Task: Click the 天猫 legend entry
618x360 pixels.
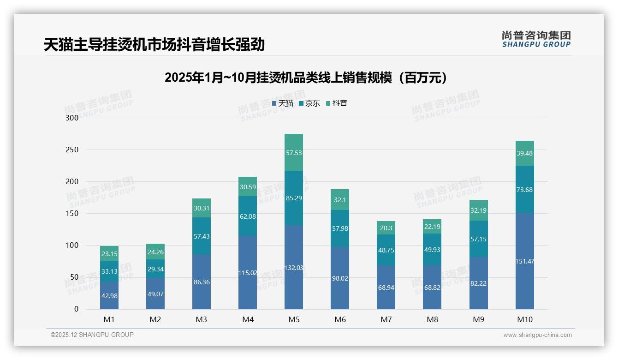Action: click(283, 103)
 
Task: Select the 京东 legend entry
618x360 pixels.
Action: click(309, 103)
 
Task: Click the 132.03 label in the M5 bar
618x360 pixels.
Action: click(294, 268)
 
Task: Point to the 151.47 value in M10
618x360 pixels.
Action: click(525, 262)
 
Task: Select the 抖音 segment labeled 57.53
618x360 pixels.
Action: click(294, 153)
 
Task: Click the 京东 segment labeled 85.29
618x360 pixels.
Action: click(294, 198)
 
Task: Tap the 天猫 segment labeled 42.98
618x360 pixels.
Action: click(109, 295)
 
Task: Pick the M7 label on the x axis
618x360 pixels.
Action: click(386, 319)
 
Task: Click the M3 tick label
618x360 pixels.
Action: click(202, 319)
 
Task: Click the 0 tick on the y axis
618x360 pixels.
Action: click(77, 309)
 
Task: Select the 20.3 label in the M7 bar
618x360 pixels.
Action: click(386, 228)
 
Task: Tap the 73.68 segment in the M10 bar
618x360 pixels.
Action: click(525, 190)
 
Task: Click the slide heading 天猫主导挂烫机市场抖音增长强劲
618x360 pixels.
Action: click(154, 45)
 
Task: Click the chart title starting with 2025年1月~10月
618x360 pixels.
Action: click(306, 78)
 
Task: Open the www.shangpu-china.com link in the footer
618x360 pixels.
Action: click(537, 335)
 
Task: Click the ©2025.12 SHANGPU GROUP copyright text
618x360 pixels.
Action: click(92, 335)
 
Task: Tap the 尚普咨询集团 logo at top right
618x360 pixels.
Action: click(536, 39)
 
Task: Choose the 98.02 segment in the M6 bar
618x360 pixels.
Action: click(340, 278)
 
